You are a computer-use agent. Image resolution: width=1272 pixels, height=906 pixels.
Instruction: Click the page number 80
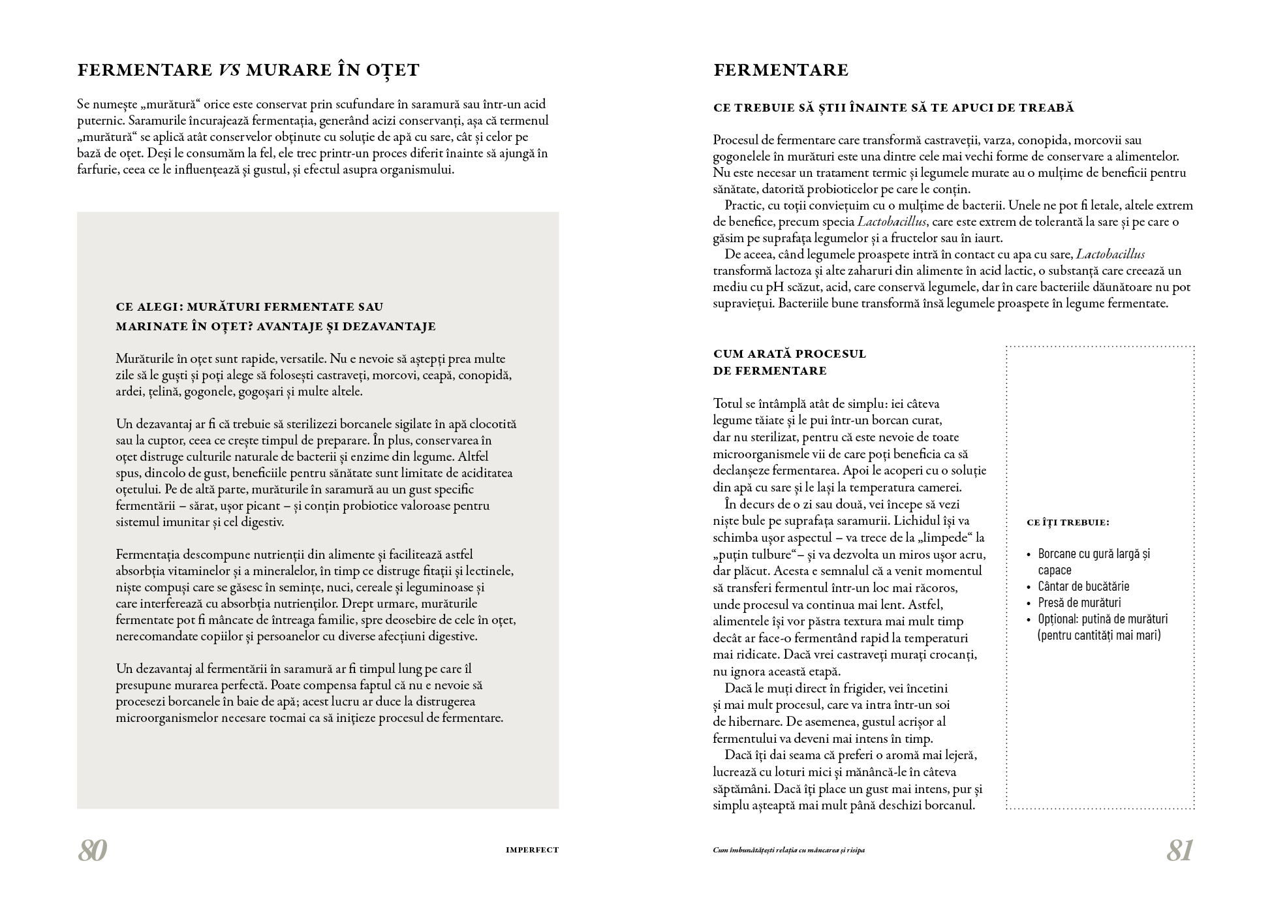(92, 851)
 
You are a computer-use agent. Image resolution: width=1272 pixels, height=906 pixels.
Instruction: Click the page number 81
(1179, 851)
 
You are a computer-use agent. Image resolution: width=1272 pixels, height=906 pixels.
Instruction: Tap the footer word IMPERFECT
(532, 850)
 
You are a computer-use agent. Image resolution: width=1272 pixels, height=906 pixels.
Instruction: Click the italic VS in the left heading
(227, 70)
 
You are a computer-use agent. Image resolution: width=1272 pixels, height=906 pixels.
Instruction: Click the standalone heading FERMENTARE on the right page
(781, 70)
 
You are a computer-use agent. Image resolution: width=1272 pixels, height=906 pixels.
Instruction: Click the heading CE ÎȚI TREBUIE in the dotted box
(1068, 523)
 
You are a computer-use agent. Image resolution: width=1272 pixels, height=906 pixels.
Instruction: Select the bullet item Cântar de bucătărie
(1083, 586)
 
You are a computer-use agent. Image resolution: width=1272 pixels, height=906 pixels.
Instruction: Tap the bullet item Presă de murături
(1079, 602)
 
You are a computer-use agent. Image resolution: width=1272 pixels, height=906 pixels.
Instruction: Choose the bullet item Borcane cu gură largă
(1094, 554)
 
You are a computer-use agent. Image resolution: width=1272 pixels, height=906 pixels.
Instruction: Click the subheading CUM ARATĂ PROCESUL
(790, 354)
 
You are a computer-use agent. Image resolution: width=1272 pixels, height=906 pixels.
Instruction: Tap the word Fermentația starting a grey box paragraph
(148, 555)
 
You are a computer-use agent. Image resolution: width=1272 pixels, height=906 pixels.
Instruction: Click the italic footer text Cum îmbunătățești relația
(788, 850)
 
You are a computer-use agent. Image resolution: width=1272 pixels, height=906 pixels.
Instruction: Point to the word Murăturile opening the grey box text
(145, 359)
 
